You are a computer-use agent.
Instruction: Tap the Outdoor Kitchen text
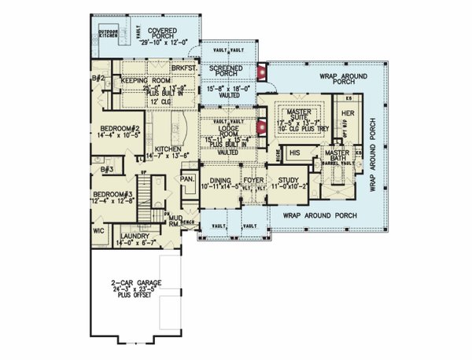(x=108, y=33)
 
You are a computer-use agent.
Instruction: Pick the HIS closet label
(x=295, y=152)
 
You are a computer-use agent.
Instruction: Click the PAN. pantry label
(x=187, y=180)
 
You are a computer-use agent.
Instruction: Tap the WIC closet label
(x=100, y=231)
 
